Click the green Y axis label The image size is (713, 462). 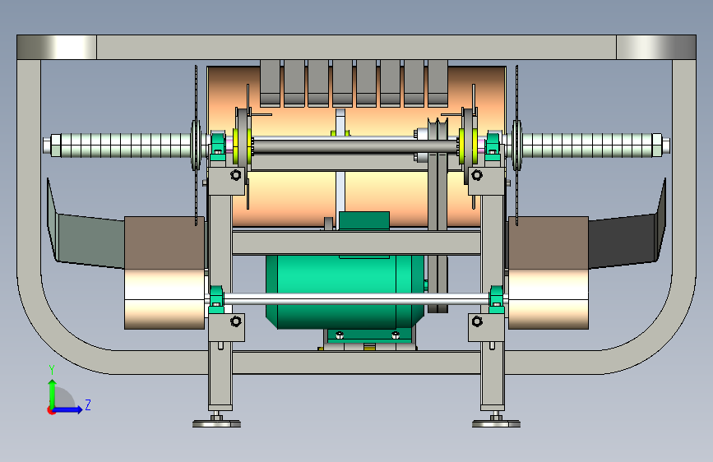pos(52,370)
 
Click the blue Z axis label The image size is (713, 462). pos(88,404)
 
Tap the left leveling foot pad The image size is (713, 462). pos(216,423)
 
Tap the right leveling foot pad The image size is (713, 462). pos(496,423)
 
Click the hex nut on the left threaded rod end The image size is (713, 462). pos(56,146)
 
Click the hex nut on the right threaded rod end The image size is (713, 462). pos(657,146)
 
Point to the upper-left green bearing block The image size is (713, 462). pos(217,146)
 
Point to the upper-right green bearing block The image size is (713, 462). pos(493,146)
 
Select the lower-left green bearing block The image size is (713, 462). pos(216,300)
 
